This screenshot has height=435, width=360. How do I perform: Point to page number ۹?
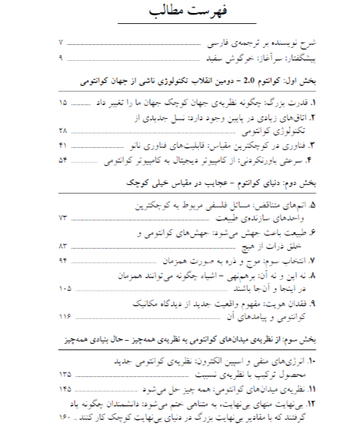click(61, 57)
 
